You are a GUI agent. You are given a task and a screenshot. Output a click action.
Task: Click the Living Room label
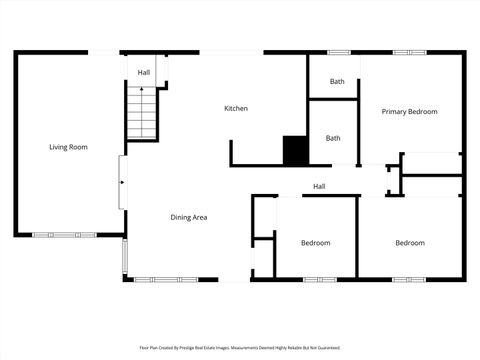pyautogui.click(x=69, y=147)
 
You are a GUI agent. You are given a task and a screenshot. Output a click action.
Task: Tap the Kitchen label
pyautogui.click(x=236, y=108)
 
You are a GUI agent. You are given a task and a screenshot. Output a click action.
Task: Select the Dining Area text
pyautogui.click(x=188, y=217)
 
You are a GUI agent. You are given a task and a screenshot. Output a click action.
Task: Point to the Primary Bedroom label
pyautogui.click(x=409, y=112)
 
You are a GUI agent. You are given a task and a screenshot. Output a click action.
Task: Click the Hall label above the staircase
pyautogui.click(x=144, y=73)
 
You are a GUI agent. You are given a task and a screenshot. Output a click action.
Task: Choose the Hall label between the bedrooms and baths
pyautogui.click(x=319, y=187)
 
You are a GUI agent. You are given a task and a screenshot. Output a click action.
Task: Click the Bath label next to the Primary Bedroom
pyautogui.click(x=337, y=82)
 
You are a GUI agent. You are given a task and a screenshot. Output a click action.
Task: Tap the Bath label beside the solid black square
pyautogui.click(x=333, y=138)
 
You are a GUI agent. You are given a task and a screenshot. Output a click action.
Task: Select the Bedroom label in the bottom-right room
pyautogui.click(x=409, y=243)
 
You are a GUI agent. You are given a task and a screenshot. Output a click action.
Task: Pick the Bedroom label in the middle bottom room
pyautogui.click(x=316, y=243)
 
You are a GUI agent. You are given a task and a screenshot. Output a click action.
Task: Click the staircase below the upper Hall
pyautogui.click(x=143, y=113)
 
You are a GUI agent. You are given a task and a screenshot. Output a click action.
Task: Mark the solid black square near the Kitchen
pyautogui.click(x=296, y=150)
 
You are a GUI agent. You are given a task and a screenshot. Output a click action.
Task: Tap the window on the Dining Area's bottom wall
pyautogui.click(x=157, y=279)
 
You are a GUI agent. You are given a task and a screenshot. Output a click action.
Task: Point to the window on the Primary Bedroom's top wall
pyautogui.click(x=409, y=52)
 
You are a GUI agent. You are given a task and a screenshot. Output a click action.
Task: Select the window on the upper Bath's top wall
pyautogui.click(x=340, y=52)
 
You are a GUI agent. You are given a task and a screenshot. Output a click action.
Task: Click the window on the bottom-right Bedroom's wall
pyautogui.click(x=409, y=279)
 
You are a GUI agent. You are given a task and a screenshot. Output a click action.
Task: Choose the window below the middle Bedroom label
pyautogui.click(x=317, y=279)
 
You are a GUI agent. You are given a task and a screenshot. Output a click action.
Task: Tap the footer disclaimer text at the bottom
pyautogui.click(x=239, y=348)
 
